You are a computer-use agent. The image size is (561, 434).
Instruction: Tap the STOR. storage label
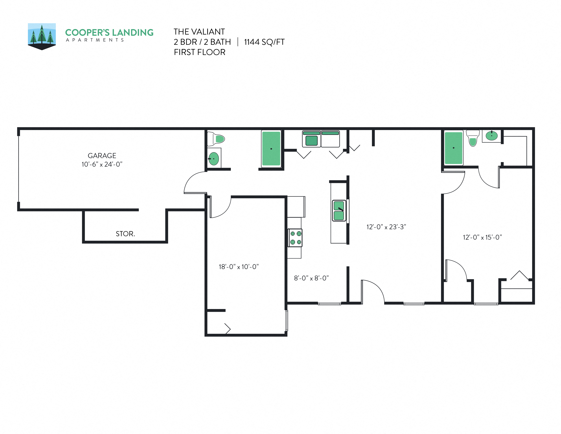(x=125, y=234)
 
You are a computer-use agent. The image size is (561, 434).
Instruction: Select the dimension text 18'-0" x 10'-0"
(x=239, y=267)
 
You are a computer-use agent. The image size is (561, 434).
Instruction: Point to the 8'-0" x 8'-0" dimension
(x=311, y=278)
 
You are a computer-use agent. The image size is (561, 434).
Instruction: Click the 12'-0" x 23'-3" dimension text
(x=386, y=227)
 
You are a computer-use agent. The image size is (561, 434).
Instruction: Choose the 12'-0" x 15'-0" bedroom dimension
(x=482, y=237)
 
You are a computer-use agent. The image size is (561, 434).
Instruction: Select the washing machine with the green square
(x=311, y=139)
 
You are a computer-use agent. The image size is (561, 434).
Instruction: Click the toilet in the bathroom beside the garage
(x=216, y=139)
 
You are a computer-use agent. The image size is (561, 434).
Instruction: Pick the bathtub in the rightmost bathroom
(x=453, y=148)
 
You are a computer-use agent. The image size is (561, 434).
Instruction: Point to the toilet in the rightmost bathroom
(x=473, y=138)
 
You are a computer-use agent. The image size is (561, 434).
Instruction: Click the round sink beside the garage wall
(x=214, y=159)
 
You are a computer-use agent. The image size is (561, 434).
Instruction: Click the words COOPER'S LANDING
(x=109, y=33)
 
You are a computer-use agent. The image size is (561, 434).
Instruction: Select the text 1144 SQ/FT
(x=264, y=42)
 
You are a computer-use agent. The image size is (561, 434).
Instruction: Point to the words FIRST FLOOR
(x=200, y=52)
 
